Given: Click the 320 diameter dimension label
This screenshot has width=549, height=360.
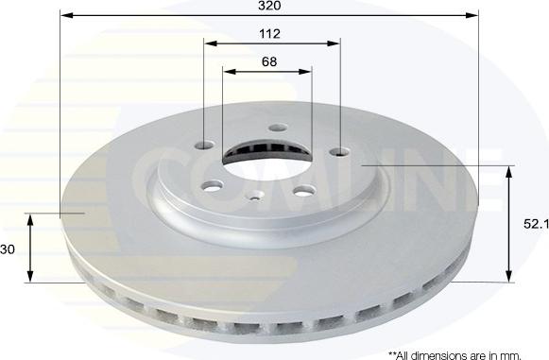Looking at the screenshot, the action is pyautogui.click(x=269, y=6).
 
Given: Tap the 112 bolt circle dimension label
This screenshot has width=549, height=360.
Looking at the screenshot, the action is pyautogui.click(x=269, y=34).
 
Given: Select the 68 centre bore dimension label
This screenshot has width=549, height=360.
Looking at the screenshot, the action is pyautogui.click(x=269, y=61).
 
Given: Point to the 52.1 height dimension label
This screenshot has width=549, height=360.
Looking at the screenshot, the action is pyautogui.click(x=536, y=224).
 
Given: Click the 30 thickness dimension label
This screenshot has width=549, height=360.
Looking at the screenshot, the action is pyautogui.click(x=8, y=249).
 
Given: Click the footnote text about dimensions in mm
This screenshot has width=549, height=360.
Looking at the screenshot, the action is pyautogui.click(x=455, y=356).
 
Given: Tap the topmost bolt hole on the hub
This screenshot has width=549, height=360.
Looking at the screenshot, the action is pyautogui.click(x=278, y=128).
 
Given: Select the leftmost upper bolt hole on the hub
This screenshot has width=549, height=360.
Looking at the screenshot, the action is pyautogui.click(x=205, y=145).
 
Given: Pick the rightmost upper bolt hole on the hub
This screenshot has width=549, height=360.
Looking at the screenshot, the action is pyautogui.click(x=339, y=152).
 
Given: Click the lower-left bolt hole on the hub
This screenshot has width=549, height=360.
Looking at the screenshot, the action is pyautogui.click(x=214, y=186).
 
